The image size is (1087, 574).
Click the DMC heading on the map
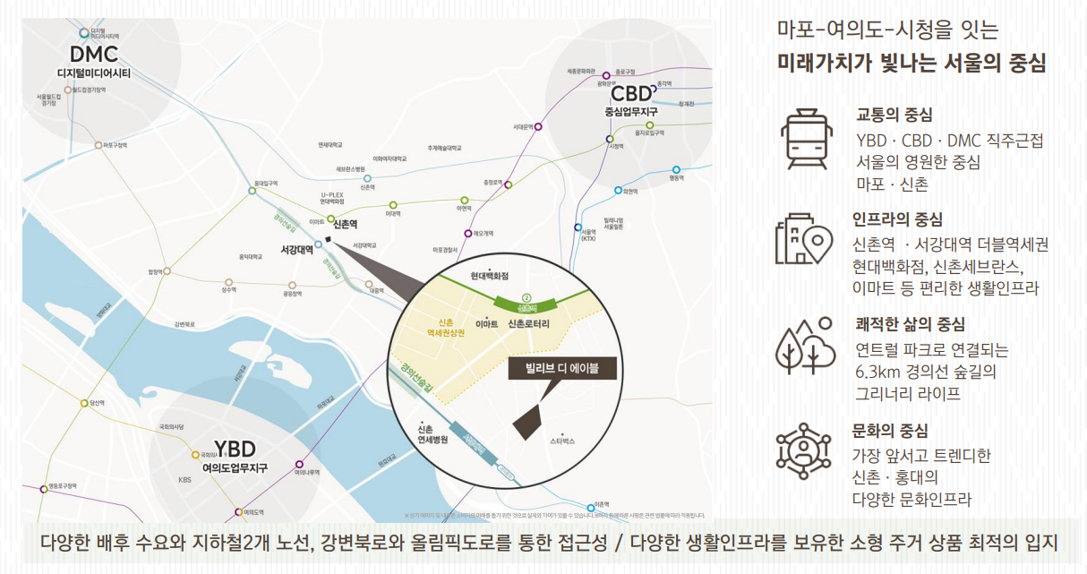point(93,56)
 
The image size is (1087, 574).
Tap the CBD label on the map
point(630,94)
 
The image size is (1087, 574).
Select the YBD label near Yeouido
point(235,449)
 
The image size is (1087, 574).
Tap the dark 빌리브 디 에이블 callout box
point(552,367)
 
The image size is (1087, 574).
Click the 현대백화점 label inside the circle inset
point(489,277)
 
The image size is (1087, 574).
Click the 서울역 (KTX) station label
point(588,235)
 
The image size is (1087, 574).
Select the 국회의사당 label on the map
point(171,426)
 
